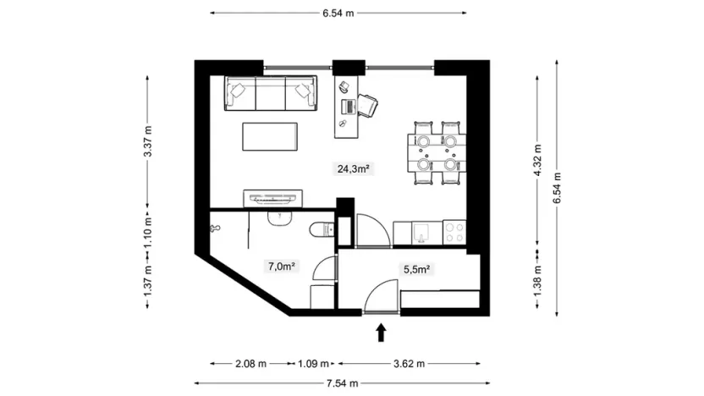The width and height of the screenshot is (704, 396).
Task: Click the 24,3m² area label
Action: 355,168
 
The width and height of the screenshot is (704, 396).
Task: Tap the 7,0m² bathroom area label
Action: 281,267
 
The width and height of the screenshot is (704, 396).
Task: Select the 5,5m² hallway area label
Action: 417,270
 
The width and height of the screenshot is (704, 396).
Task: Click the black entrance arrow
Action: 381,332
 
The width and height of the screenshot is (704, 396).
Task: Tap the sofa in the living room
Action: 270,93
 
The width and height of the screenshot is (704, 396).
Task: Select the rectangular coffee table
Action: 270,137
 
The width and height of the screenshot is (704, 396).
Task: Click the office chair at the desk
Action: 368,105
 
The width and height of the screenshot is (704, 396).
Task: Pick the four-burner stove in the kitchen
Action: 454,230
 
